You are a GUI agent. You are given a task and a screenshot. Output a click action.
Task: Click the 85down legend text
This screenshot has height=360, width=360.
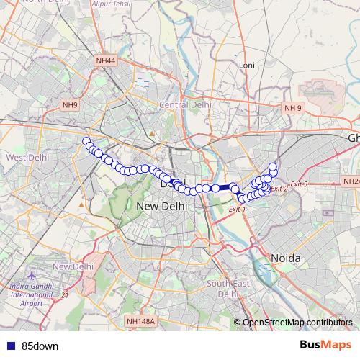pos(40,346)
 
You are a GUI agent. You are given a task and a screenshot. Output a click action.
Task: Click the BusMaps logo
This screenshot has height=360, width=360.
pos(325,346)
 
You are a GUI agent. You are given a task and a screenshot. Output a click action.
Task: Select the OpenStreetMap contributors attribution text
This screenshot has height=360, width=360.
pos(299,322)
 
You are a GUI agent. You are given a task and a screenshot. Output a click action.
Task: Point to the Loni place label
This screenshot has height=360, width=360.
pos(247,65)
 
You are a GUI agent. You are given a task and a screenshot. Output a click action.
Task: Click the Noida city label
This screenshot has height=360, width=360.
pos(285,257)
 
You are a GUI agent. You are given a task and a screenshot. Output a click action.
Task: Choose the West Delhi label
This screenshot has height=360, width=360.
pos(27,156)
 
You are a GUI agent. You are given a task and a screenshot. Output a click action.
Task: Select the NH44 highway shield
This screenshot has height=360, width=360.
pos(105,60)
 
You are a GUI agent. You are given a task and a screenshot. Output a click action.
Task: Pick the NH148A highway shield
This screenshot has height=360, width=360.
pos(140,321)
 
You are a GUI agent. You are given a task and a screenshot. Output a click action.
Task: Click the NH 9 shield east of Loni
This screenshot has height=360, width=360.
pos(293,108)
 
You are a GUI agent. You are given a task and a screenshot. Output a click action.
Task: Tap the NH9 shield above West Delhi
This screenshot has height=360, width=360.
pos(70,105)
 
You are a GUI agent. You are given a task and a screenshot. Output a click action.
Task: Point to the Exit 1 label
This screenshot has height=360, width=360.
pos(237,209)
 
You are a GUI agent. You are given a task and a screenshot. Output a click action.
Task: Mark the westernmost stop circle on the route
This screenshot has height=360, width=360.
pos(86,141)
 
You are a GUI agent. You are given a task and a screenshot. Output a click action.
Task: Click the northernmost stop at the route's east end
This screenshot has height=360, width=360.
pos(273,167)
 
